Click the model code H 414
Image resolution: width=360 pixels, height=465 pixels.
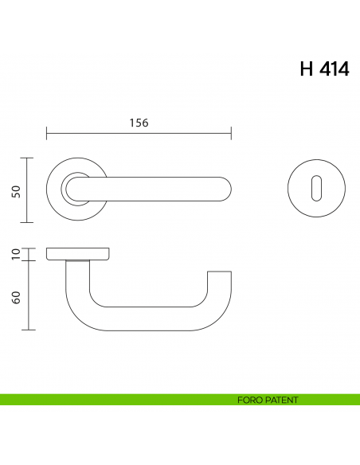click(x=324, y=69)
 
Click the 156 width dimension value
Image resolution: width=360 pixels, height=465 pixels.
click(x=139, y=123)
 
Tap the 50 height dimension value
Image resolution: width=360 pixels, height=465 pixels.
click(x=16, y=191)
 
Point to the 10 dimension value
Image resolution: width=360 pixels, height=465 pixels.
click(x=16, y=254)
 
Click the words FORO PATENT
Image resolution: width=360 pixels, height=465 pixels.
click(x=268, y=400)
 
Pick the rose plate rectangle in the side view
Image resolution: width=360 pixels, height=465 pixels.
click(x=79, y=253)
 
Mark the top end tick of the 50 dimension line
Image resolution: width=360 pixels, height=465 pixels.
click(x=29, y=158)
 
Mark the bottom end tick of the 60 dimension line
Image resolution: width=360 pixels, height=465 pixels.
click(x=29, y=329)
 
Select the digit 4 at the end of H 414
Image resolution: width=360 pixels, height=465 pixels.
click(x=342, y=69)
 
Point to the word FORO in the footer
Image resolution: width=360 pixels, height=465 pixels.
click(x=248, y=400)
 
